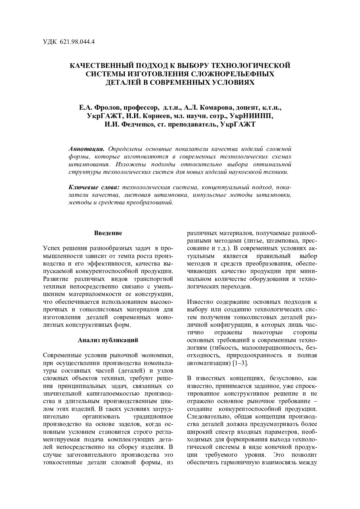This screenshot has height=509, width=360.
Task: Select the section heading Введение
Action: (x=108, y=233)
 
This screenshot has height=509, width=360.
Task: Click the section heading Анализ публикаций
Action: (x=108, y=340)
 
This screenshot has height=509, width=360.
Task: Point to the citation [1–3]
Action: (x=241, y=363)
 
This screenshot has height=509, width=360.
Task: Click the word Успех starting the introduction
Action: (x=53, y=248)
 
